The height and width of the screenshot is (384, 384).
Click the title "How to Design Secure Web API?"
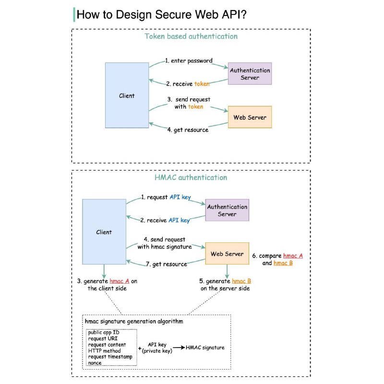161,14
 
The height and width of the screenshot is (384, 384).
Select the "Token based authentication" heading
191,36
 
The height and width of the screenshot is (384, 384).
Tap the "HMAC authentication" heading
191,177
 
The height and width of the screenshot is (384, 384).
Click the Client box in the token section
127,95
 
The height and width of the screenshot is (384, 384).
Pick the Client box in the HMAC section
104,232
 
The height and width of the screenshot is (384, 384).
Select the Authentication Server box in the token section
250,73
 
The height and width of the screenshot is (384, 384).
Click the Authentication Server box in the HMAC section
227,210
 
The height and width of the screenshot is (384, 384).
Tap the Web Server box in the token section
250,117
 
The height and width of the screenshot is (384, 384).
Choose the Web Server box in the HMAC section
227,253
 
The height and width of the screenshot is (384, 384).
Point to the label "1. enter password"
189,60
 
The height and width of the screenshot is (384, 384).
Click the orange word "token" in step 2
202,84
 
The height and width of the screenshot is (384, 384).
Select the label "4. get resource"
188,130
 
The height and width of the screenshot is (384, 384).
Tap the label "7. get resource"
167,264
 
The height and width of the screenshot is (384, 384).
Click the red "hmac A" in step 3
120,281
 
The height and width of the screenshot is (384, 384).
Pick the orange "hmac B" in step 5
241,281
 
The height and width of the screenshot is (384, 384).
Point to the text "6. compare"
267,256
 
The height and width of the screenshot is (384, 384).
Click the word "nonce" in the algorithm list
95,363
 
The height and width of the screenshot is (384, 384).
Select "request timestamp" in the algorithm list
110,357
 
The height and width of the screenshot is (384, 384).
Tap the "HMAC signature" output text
205,348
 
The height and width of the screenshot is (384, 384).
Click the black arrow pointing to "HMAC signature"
179,348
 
